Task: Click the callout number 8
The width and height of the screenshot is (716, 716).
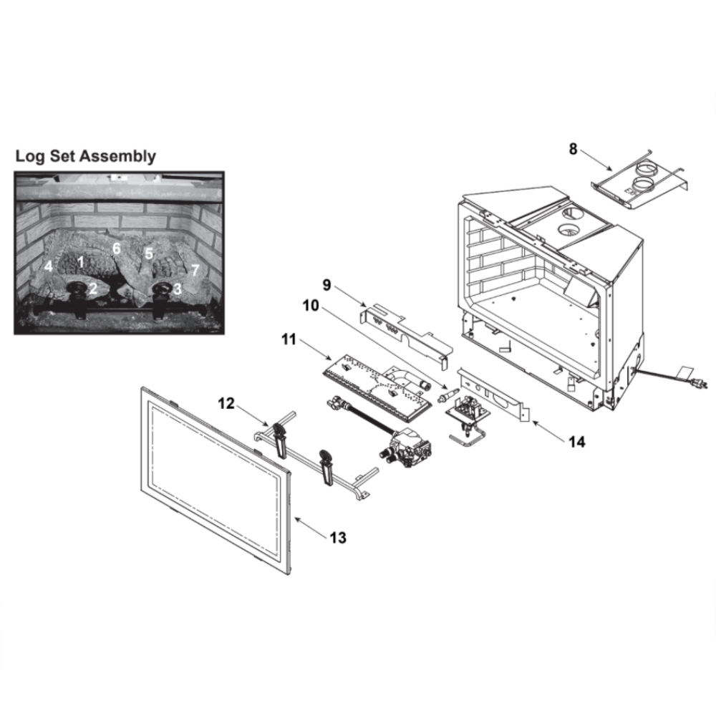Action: coord(573,149)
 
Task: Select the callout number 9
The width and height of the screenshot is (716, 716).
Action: coord(326,285)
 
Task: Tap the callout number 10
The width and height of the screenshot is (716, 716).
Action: coord(311,306)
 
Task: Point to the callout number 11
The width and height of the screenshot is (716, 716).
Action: coord(289,339)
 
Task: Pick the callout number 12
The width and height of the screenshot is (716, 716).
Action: coord(226,403)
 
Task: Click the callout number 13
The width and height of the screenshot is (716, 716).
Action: coord(338,538)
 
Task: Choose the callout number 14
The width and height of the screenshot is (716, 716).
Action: coord(577,442)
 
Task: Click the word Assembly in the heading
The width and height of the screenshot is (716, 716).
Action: coord(118,156)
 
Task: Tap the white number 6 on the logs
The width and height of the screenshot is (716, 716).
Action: coord(117,248)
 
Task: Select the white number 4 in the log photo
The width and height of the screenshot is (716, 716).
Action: coord(49,266)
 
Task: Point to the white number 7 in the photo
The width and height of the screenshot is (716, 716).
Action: coord(195,271)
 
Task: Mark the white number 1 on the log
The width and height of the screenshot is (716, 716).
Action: coord(81,262)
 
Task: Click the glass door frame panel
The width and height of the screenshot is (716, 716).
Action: coord(216,480)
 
